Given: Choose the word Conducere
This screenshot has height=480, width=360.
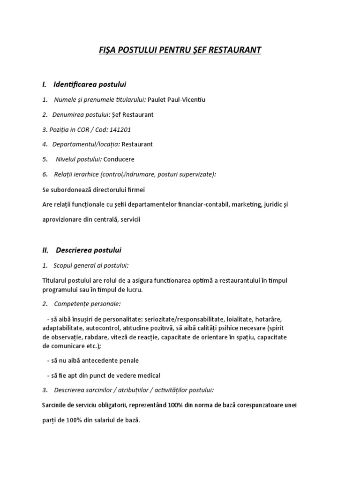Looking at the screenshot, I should coord(119,159).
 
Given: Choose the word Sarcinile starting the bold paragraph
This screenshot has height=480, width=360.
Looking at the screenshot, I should coord(55,405).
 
